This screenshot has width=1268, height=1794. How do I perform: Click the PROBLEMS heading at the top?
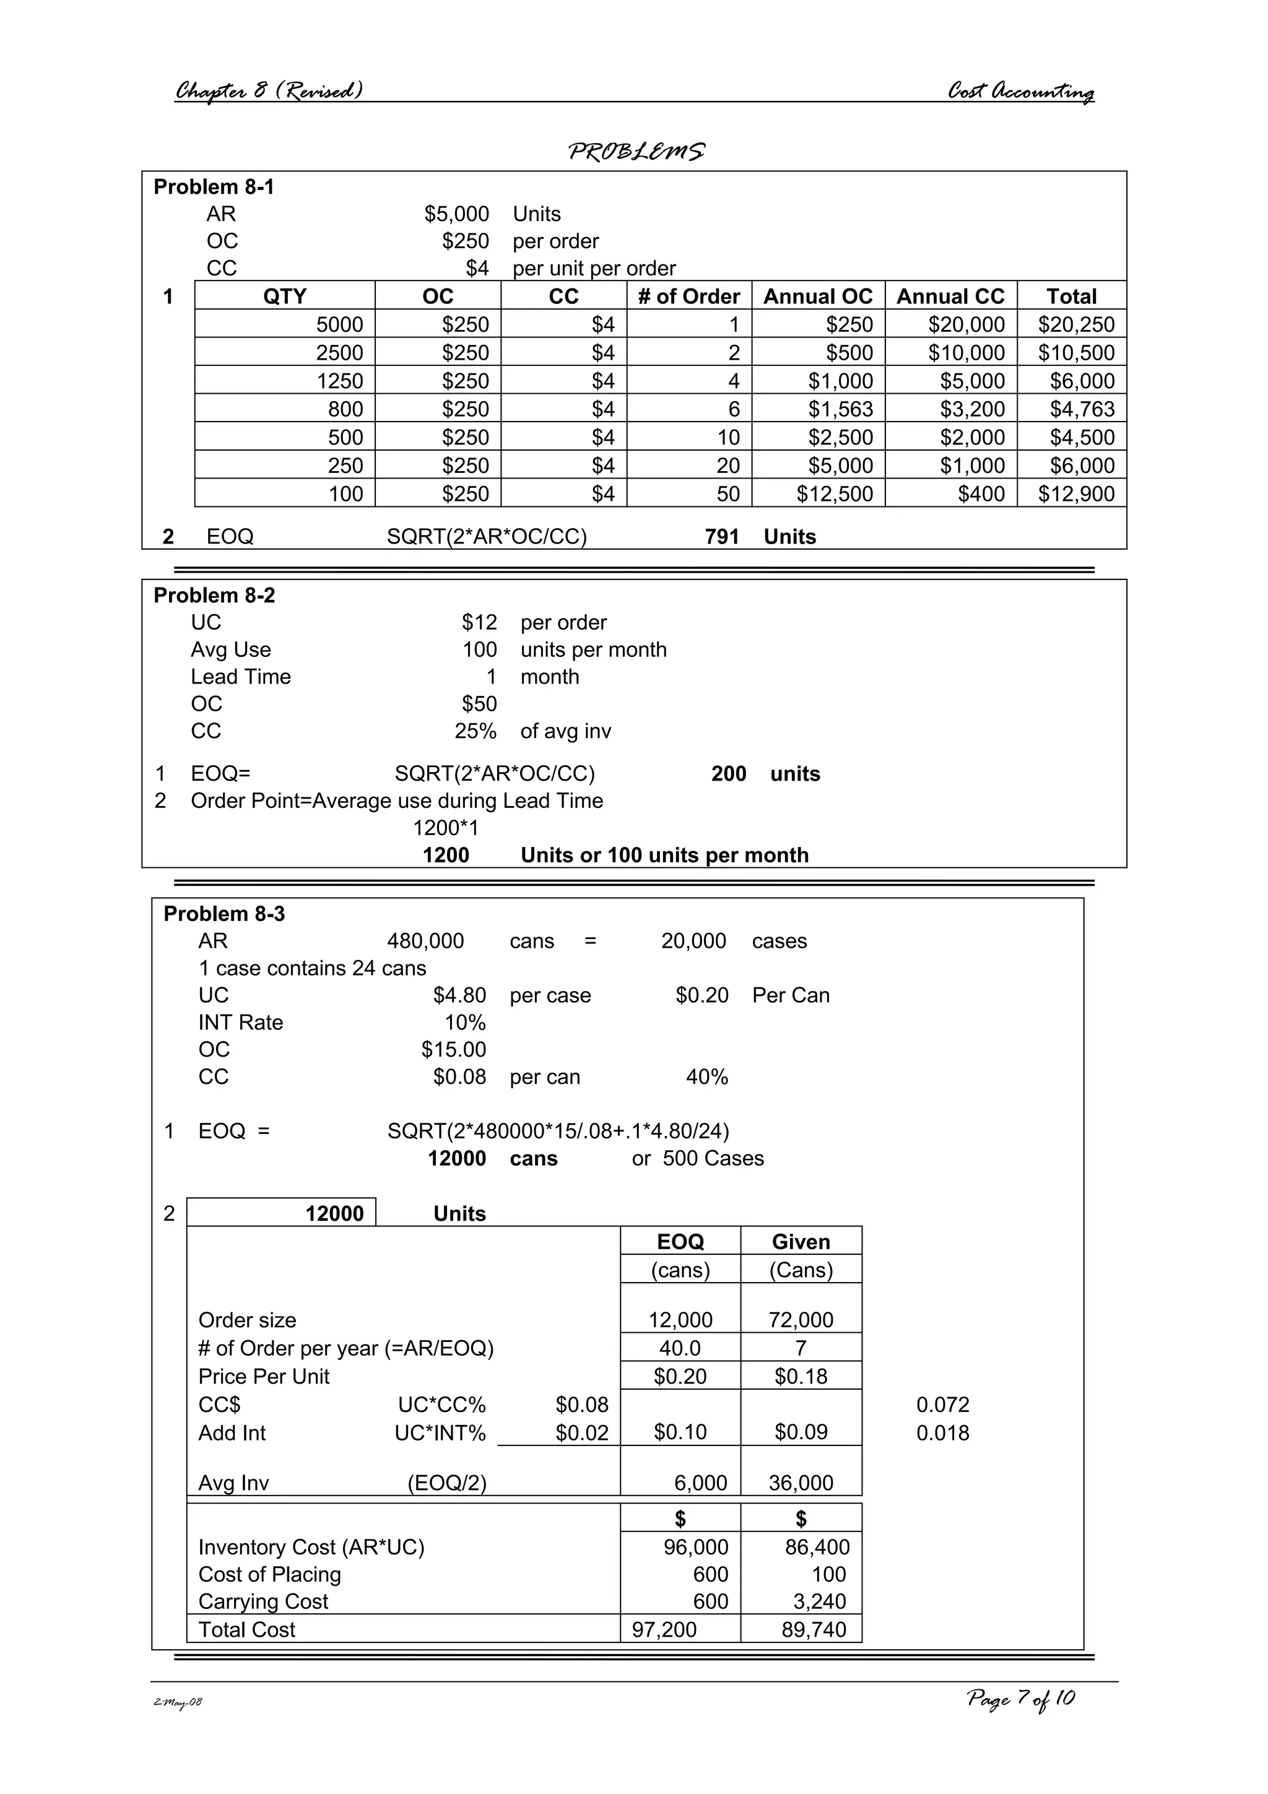pos(636,151)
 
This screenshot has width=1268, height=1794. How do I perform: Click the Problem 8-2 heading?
pos(214,596)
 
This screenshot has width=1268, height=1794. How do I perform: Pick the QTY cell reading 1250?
pos(340,381)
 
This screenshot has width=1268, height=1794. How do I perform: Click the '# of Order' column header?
pos(688,296)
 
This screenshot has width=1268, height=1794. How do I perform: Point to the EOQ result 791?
pos(721,537)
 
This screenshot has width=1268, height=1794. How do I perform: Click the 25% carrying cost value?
pos(475,731)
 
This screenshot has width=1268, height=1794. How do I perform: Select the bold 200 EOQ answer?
pos(728,774)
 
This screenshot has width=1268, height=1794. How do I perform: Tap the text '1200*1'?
pos(445,828)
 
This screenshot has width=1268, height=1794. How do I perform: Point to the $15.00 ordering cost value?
pos(453,1049)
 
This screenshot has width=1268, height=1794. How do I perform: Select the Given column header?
pos(800,1242)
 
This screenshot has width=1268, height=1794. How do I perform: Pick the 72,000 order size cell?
pos(800,1320)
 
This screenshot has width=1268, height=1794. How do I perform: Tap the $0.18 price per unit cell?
pos(800,1376)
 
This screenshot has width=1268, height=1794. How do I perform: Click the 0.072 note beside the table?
pos(942,1404)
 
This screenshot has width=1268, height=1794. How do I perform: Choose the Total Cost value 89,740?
pos(814,1629)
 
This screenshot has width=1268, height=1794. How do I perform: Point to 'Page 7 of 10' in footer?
pos(1020,1699)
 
